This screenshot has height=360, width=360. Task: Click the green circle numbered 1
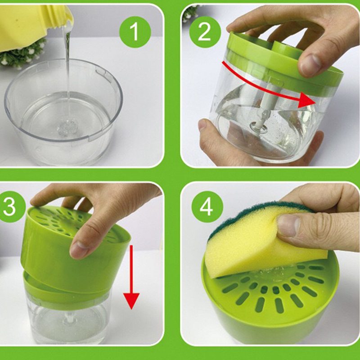coord(135,32)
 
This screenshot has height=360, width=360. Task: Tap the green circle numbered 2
coord(205,32)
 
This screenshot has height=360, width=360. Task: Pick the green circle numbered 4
coord(207,207)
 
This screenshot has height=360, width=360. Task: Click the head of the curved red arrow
coord(308,100)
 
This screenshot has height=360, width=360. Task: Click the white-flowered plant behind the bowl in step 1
coord(21,54)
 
